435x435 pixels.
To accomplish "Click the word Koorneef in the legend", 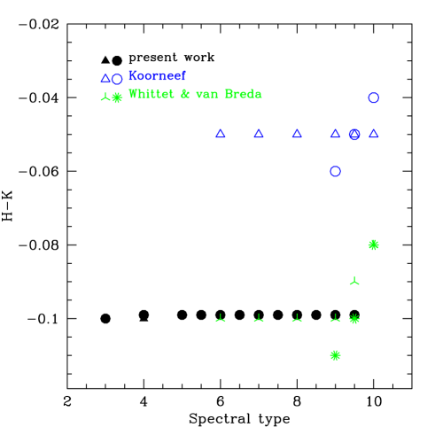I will click(x=157, y=76).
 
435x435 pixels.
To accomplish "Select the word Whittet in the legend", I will click(x=151, y=94).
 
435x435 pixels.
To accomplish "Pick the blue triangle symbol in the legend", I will click(x=105, y=79).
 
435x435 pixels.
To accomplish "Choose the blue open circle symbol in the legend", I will click(x=117, y=79).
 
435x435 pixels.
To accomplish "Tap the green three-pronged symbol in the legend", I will click(x=105, y=97).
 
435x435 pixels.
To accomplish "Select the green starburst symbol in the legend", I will click(x=117, y=97).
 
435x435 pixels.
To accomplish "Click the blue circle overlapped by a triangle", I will click(x=354, y=135).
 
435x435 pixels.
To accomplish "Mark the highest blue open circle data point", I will click(x=373, y=97).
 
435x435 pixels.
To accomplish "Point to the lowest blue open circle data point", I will click(x=335, y=171).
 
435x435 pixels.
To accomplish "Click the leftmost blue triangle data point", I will click(x=221, y=134).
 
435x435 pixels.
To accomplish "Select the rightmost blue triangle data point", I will click(x=373, y=134).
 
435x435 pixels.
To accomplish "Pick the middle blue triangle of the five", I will click(x=297, y=134).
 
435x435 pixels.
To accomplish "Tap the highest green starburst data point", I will click(x=373, y=245).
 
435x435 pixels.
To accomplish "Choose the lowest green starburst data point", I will click(x=335, y=355).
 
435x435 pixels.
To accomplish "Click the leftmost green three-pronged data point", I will click(x=221, y=318).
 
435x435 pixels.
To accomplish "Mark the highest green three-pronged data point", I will click(x=354, y=281).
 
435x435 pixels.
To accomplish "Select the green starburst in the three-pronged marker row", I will click(x=354, y=319).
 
